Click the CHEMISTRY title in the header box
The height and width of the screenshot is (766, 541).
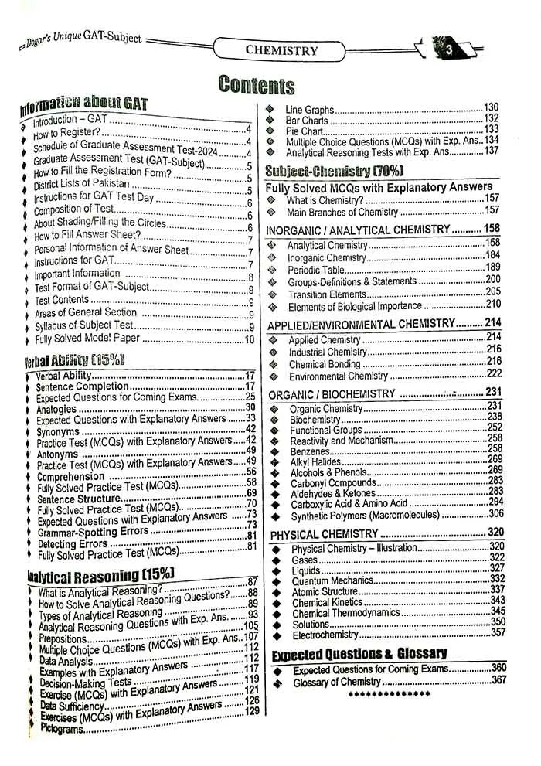(x=281, y=50)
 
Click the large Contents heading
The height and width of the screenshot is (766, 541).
(x=257, y=85)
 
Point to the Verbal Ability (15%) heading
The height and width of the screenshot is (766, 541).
(x=74, y=360)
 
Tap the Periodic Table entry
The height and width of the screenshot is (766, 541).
(x=315, y=270)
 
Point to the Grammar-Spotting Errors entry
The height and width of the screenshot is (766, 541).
(x=93, y=532)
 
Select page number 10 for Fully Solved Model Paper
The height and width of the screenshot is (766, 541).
(x=249, y=339)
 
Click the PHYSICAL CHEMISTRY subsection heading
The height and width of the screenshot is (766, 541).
(x=324, y=533)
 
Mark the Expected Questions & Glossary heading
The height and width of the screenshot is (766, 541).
(x=359, y=654)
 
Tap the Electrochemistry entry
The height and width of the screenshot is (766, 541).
(x=325, y=634)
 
